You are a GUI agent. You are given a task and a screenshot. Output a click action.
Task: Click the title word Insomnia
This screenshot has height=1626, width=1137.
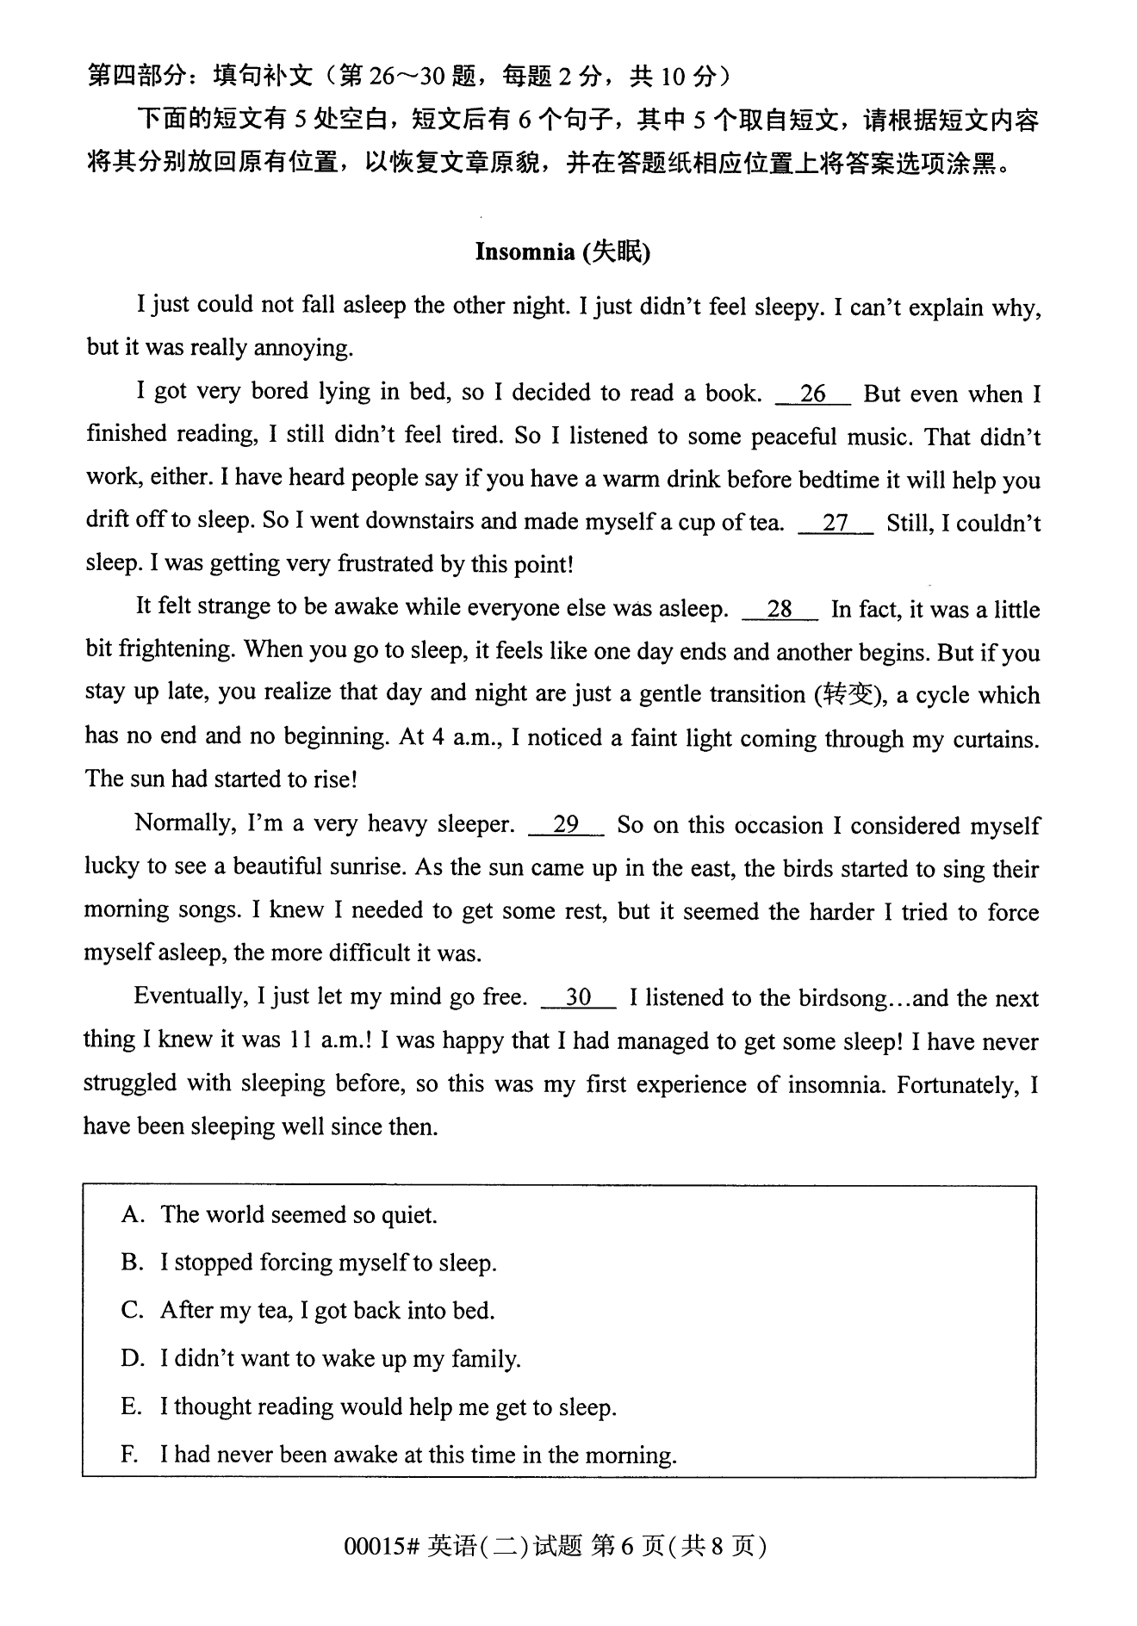pos(525,251)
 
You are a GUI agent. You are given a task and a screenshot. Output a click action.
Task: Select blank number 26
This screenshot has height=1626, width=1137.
pos(812,394)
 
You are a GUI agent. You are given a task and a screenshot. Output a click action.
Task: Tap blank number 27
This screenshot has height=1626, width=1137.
pos(836,523)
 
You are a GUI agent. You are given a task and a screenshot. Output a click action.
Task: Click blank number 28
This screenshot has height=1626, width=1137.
pos(779,609)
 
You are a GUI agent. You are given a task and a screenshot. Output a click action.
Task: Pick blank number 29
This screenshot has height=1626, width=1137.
pos(565,824)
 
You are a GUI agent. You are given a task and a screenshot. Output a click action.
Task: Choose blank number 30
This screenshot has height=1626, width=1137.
pos(578,997)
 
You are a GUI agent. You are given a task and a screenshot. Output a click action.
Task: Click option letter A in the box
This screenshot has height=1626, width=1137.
pos(131,1214)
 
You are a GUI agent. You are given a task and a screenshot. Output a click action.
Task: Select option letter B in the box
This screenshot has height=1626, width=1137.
pos(131,1263)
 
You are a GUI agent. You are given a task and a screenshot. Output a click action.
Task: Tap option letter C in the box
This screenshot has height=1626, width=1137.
pos(131,1311)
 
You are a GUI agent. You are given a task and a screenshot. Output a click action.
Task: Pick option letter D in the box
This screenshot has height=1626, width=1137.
pos(131,1359)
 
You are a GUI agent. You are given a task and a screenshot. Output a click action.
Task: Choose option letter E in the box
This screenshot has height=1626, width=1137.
pos(131,1407)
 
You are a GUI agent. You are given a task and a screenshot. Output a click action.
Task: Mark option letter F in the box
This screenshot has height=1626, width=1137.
pos(129,1455)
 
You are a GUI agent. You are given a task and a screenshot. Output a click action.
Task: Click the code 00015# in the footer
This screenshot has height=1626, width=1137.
pos(381,1547)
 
